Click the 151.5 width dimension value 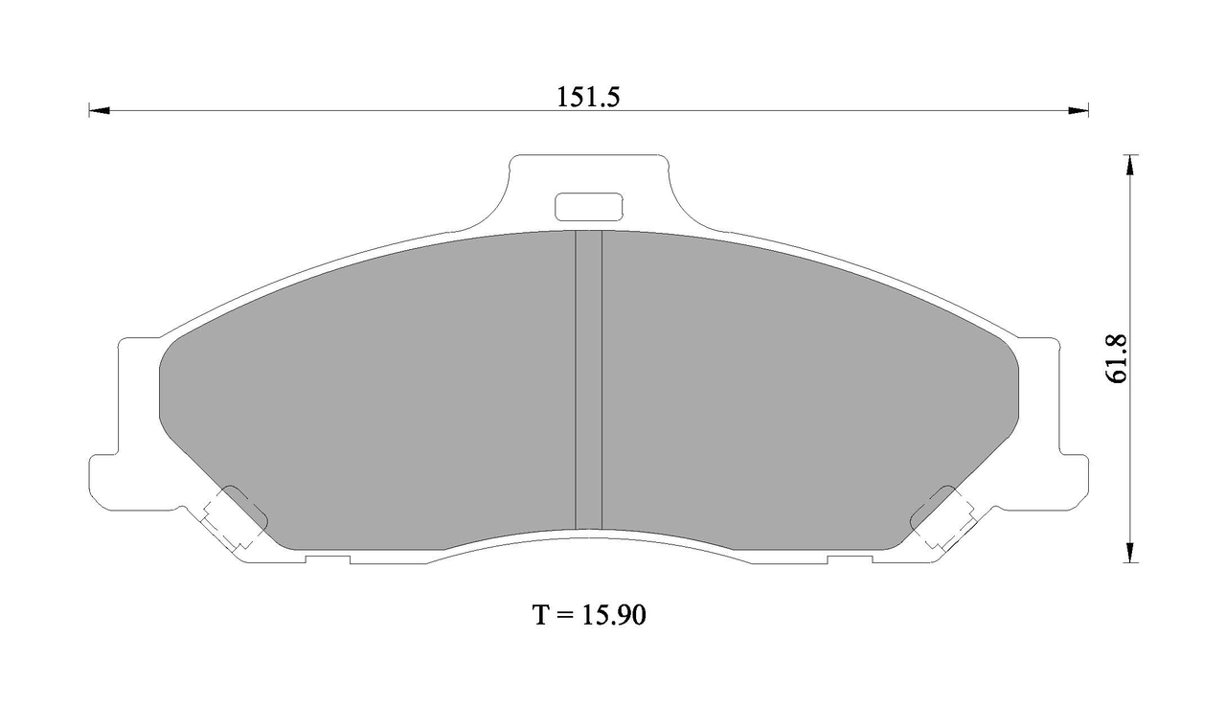(588, 98)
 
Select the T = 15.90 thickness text (589, 615)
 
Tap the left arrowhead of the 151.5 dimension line (99, 111)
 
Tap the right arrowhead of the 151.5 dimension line (1078, 111)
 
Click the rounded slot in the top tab (589, 207)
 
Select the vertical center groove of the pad (589, 379)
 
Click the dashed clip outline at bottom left (227, 516)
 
